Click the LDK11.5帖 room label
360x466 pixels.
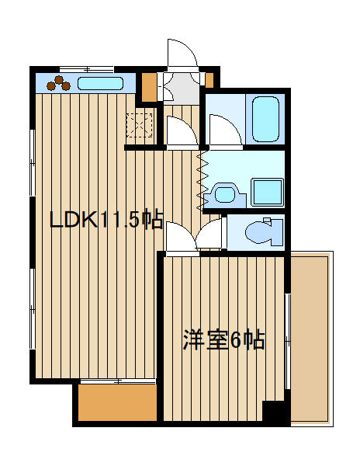point(106,221)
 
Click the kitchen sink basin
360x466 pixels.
point(99,82)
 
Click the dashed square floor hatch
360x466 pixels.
point(140,124)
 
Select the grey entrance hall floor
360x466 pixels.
point(180,83)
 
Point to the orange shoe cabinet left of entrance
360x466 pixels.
point(148,86)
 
